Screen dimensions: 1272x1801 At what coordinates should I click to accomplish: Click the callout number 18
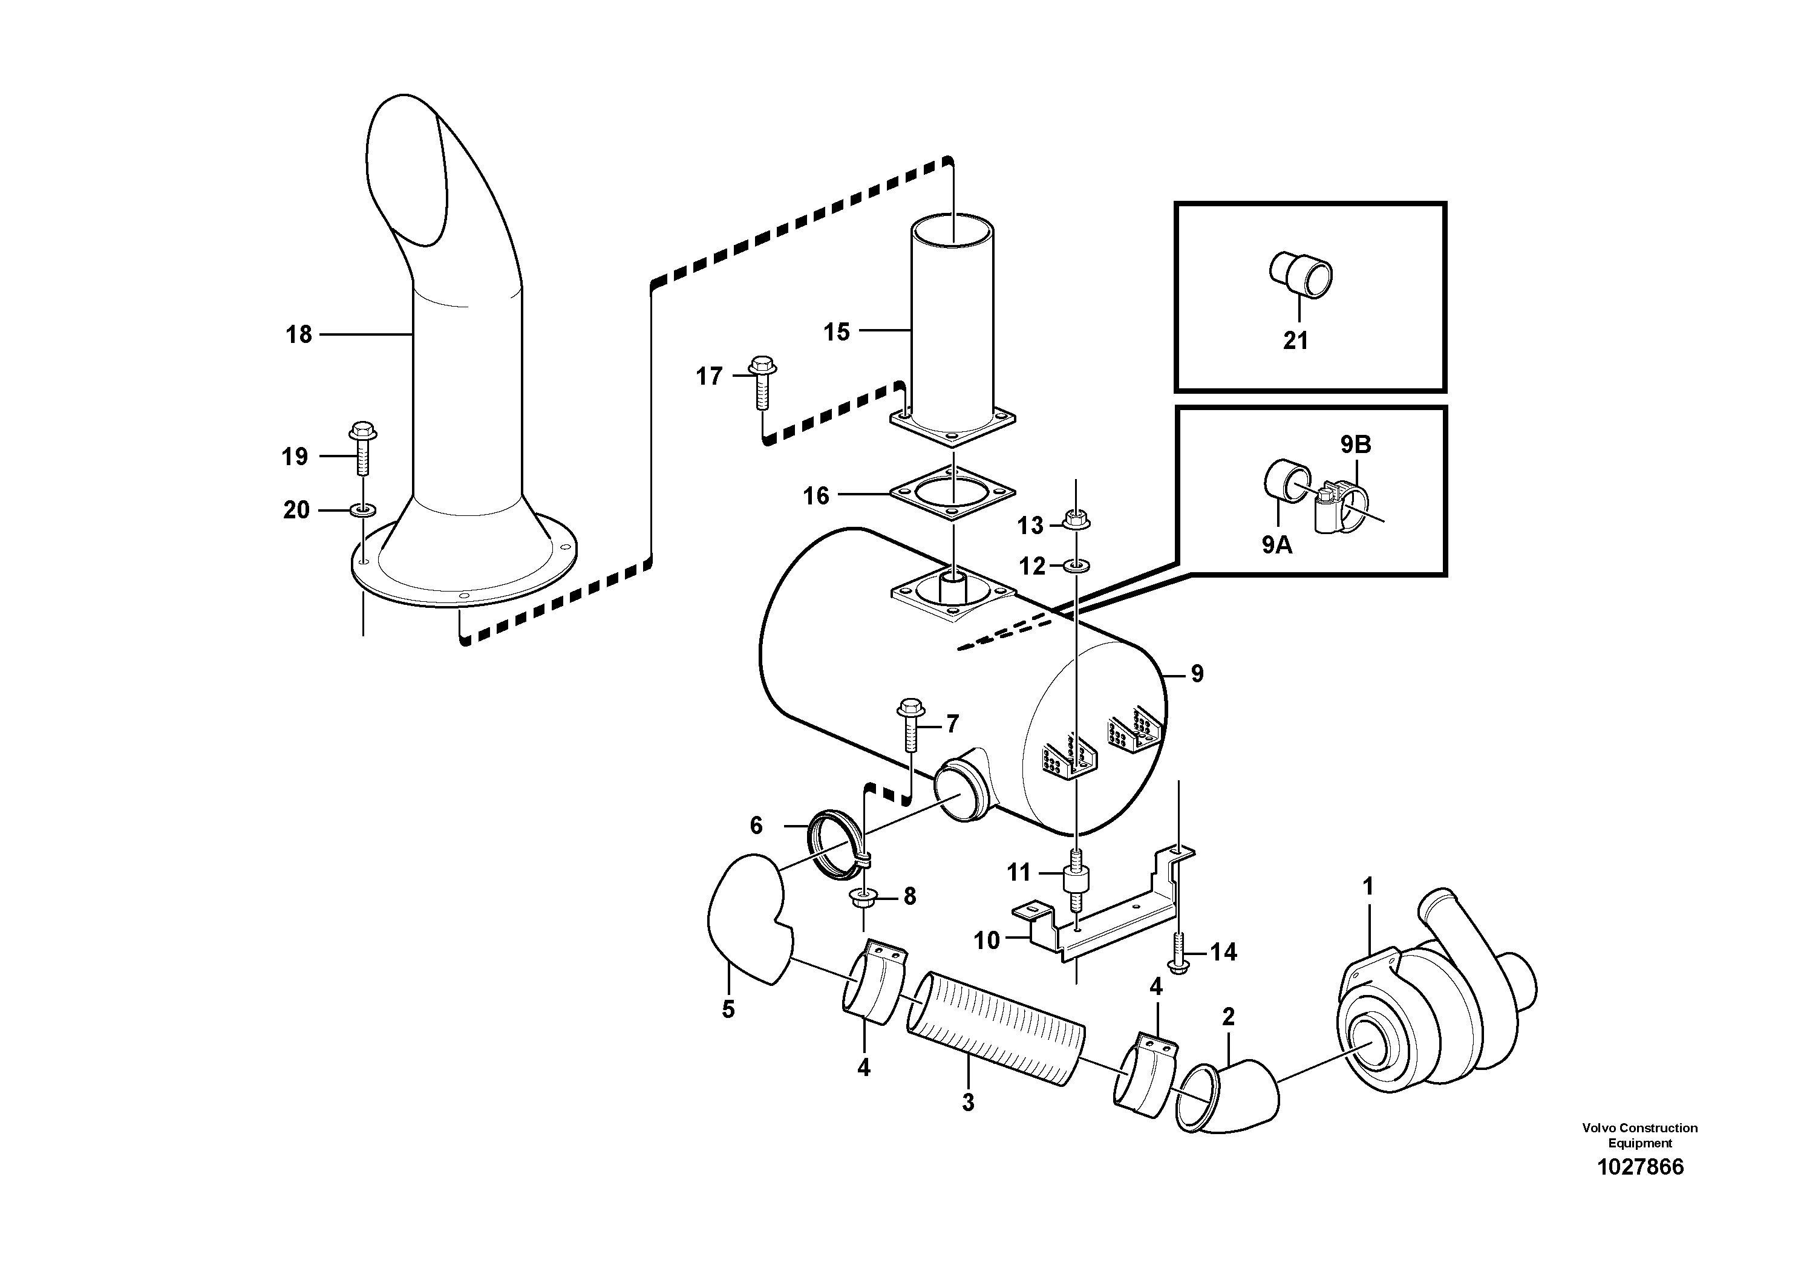299,335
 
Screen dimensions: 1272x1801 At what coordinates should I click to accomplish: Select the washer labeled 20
362,511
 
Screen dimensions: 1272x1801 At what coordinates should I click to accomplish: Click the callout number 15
836,331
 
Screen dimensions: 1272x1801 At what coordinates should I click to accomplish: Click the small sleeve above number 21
1301,275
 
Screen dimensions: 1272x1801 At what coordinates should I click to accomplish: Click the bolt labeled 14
1179,951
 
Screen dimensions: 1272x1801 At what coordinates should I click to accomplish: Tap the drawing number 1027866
1640,1167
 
